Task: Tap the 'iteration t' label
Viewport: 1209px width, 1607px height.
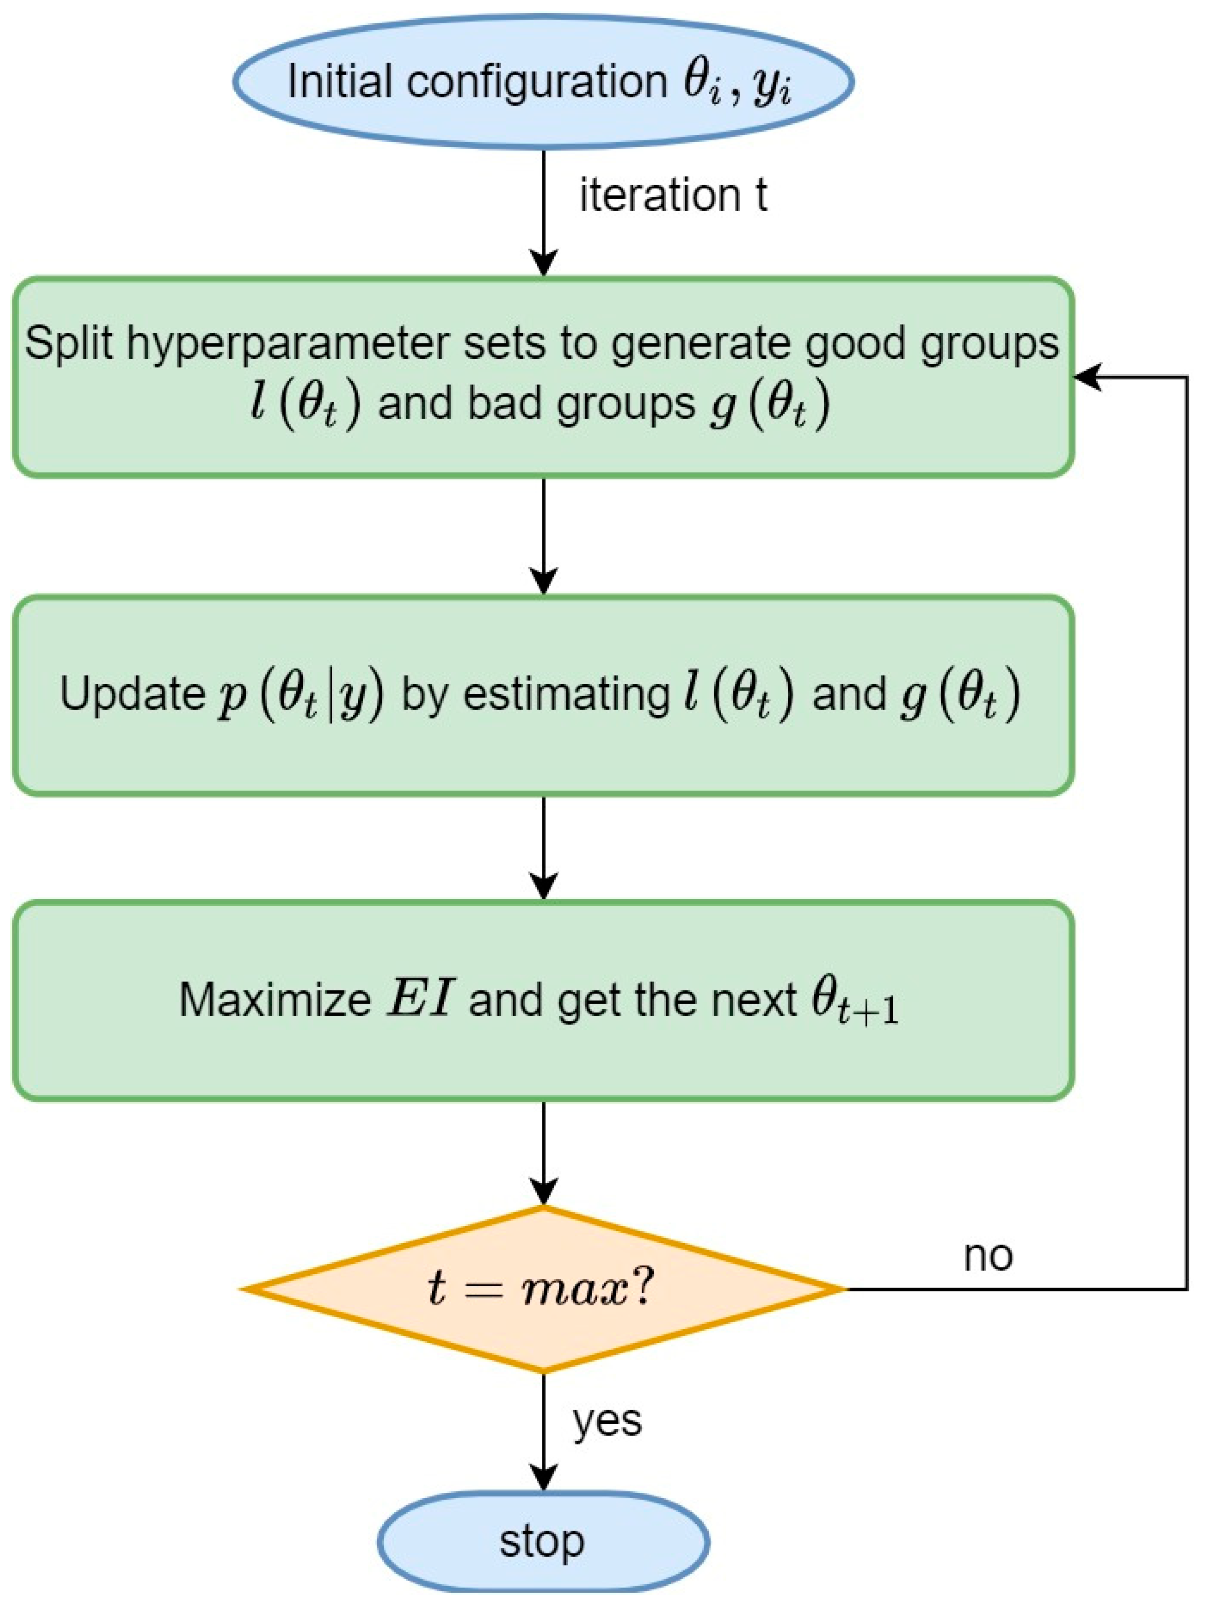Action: click(673, 196)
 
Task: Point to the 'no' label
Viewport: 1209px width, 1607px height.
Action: click(987, 1256)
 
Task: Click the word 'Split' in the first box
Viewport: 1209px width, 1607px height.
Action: click(70, 342)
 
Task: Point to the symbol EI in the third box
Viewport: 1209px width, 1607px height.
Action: click(420, 1000)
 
